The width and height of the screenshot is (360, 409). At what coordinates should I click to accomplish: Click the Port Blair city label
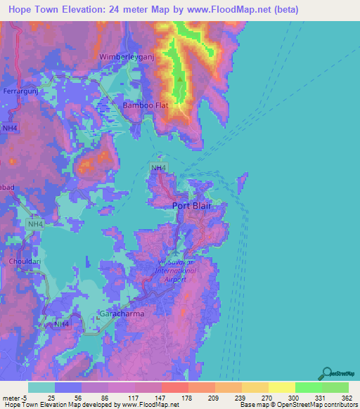[192, 206]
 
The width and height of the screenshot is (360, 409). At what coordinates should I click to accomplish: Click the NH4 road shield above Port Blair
[158, 167]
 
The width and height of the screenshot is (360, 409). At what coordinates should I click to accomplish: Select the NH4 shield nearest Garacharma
[62, 324]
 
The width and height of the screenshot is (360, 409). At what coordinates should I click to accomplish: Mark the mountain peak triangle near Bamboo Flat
[180, 79]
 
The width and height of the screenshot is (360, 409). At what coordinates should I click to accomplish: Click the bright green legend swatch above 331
[308, 387]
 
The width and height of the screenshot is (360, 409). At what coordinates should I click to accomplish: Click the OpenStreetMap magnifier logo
[328, 373]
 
